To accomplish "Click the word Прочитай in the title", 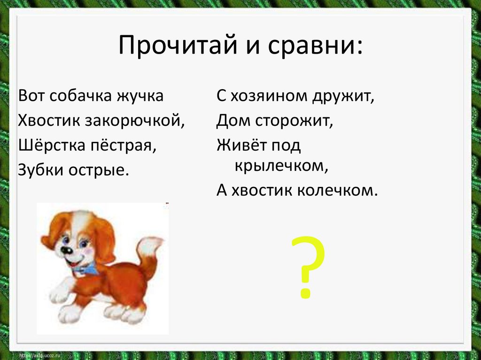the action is [177, 46].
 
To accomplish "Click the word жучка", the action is [140, 96].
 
